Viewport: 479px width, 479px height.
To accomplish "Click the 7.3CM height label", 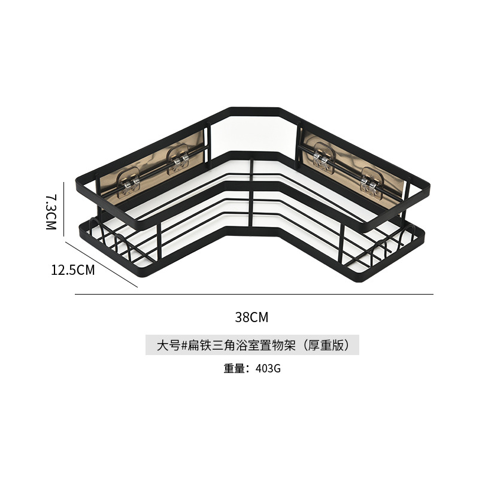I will (x=51, y=211).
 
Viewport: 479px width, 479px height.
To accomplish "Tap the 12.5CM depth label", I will (x=73, y=270).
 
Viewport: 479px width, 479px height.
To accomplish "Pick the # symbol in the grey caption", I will (x=184, y=345).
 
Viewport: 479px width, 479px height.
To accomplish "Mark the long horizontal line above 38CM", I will (x=254, y=295).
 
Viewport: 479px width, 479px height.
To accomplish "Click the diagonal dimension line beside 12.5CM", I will (x=102, y=263).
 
